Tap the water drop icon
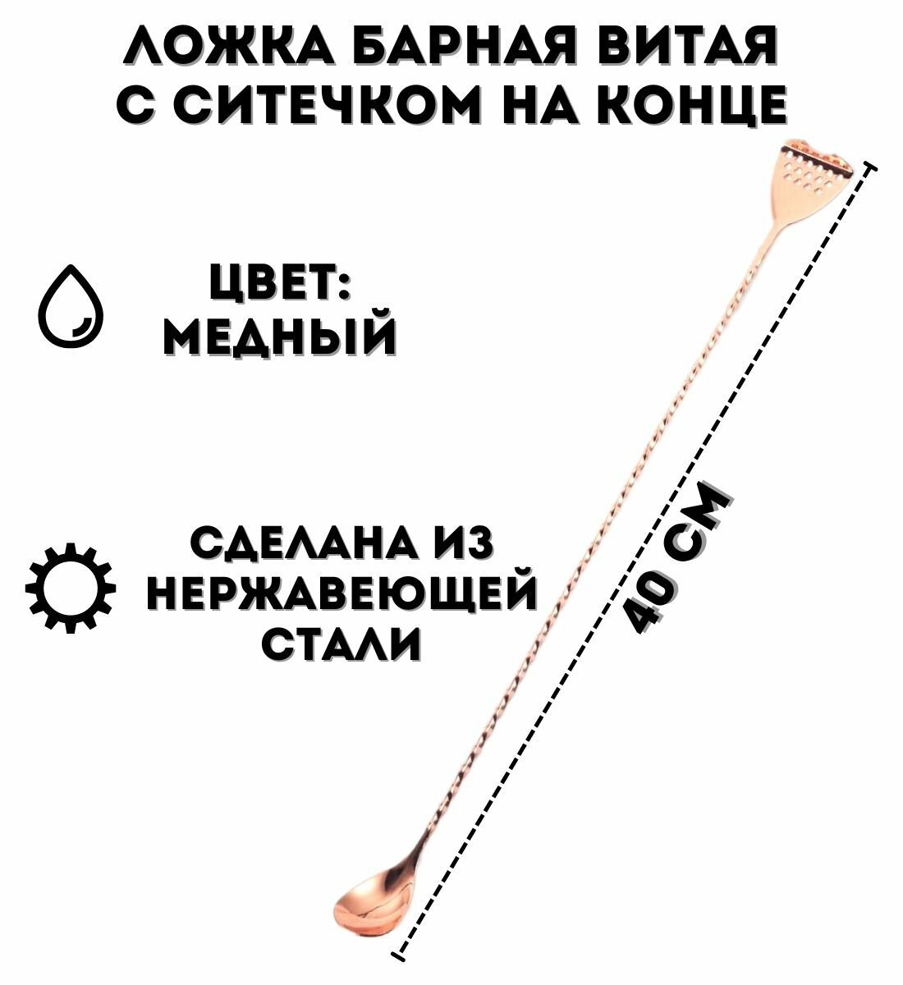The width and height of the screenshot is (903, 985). pyautogui.click(x=72, y=307)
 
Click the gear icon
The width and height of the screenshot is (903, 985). pyautogui.click(x=71, y=587)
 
